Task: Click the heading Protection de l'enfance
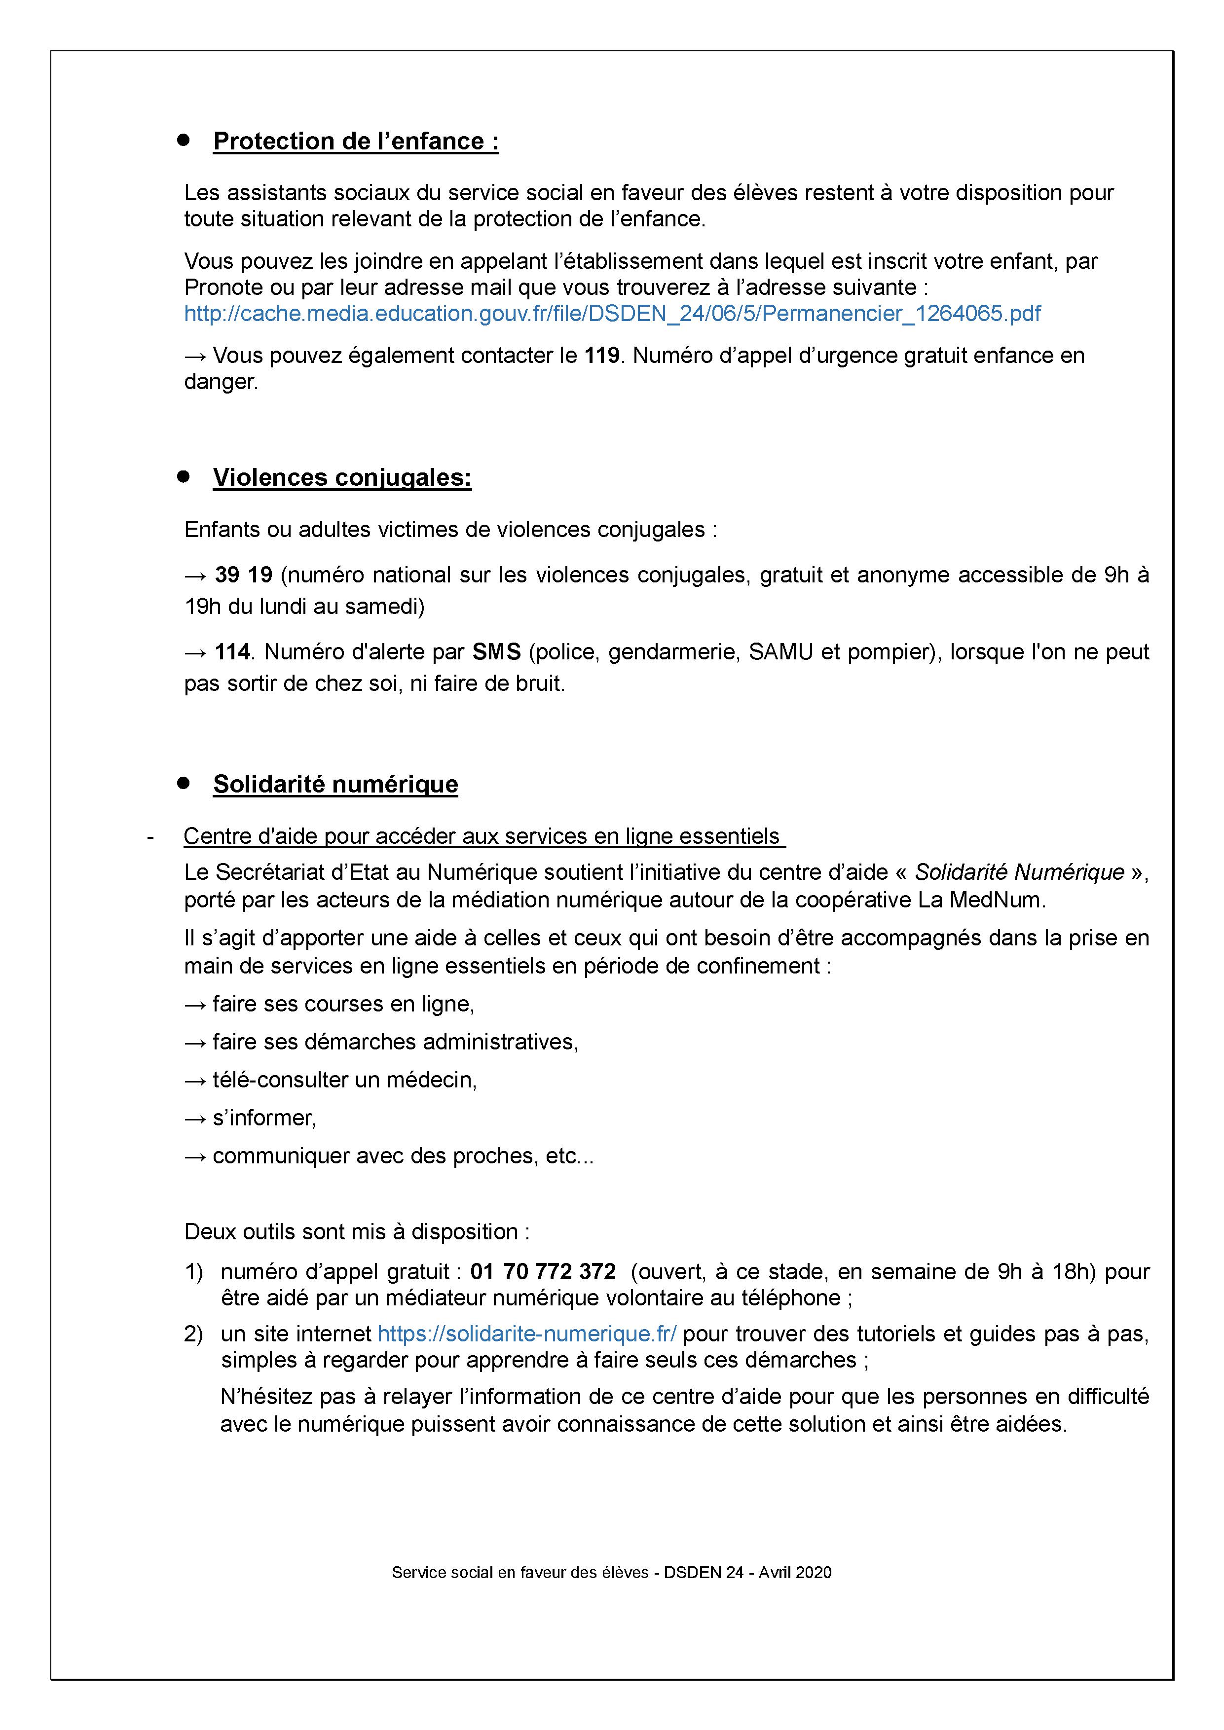(356, 142)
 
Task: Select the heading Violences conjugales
(342, 478)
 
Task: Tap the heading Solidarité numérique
(335, 785)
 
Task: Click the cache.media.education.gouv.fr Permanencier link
(612, 314)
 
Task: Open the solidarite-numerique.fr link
(527, 1334)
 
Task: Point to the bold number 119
(602, 356)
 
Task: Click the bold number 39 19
(243, 575)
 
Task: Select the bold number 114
(232, 652)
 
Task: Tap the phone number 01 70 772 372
(543, 1272)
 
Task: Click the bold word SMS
(497, 652)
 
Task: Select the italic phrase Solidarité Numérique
(1020, 872)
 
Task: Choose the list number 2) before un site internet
(194, 1334)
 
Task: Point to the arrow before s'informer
(195, 1118)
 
